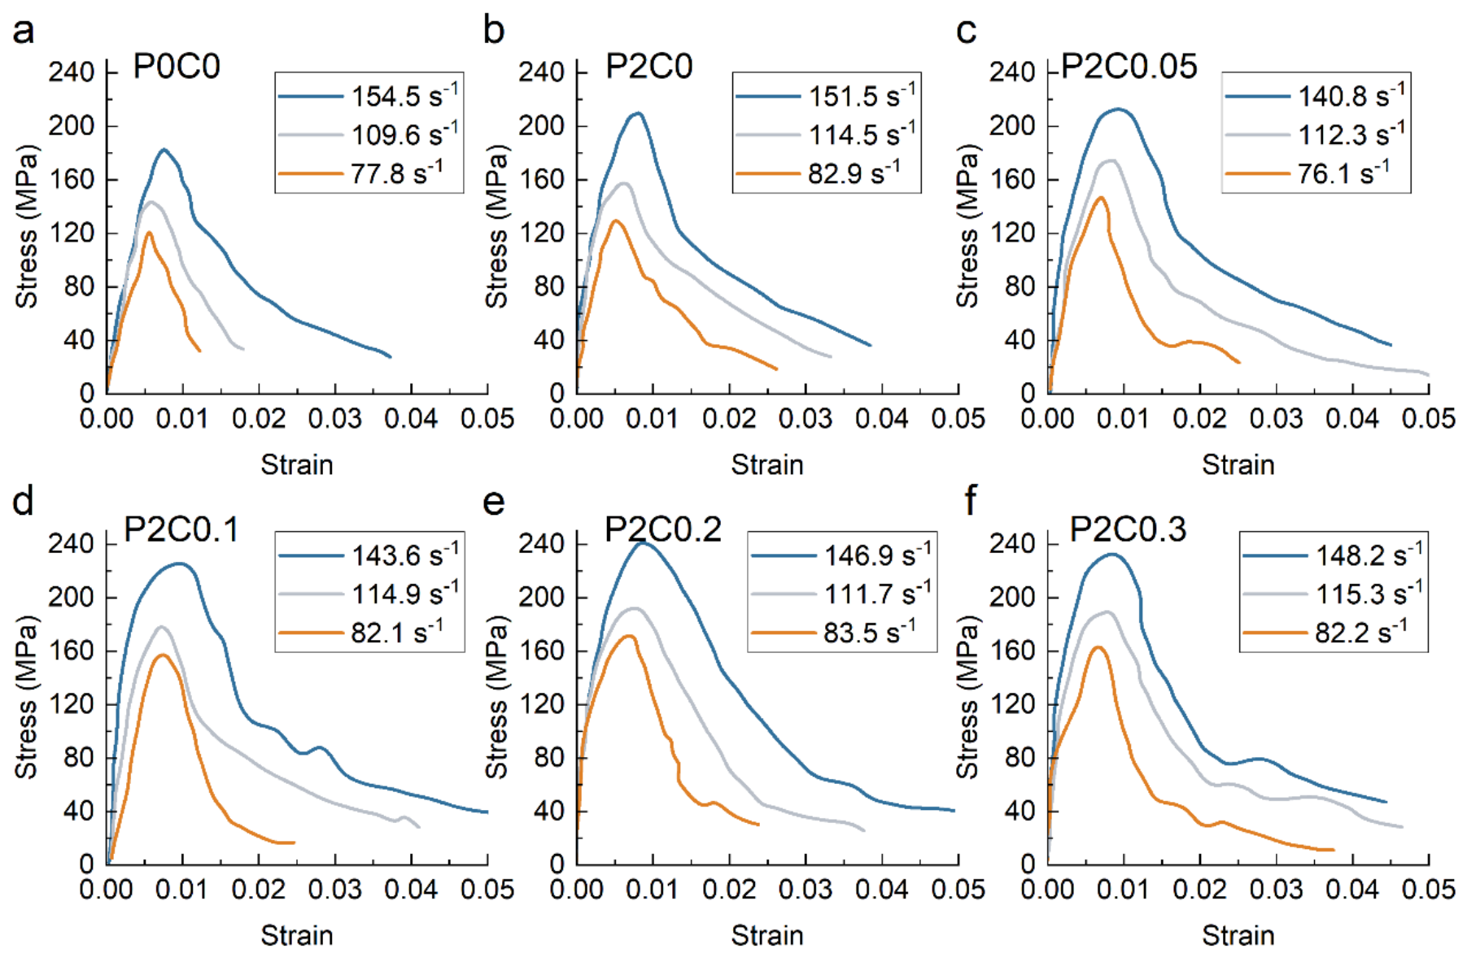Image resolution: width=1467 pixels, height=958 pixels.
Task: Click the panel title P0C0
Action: tap(177, 67)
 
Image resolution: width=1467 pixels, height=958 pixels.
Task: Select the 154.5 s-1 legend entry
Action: tap(369, 95)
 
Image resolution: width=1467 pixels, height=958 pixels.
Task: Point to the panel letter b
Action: tap(494, 30)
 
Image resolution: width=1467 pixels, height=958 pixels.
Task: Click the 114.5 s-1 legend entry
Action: tap(826, 134)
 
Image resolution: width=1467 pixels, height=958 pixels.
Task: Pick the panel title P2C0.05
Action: tap(1129, 67)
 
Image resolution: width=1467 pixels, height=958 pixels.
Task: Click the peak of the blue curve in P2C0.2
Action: tap(644, 542)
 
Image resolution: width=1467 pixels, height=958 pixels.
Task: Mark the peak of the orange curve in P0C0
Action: tap(149, 233)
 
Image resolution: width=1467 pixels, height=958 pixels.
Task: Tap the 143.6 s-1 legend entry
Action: tap(369, 555)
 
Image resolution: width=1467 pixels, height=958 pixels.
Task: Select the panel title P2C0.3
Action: tap(1128, 529)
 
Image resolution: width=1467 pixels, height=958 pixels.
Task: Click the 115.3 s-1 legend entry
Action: tap(1334, 593)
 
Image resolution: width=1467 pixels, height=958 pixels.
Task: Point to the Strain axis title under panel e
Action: tap(767, 935)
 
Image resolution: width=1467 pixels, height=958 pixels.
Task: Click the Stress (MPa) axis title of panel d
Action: tap(26, 697)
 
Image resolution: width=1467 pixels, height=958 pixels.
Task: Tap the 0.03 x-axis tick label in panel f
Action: tap(1276, 890)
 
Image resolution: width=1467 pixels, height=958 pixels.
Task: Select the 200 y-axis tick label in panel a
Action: tap(72, 126)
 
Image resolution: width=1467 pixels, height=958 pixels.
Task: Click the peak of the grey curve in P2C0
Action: tap(624, 183)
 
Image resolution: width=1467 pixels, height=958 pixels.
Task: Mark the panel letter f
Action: tap(970, 501)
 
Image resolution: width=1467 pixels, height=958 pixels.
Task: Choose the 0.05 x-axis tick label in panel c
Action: tap(1429, 419)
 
